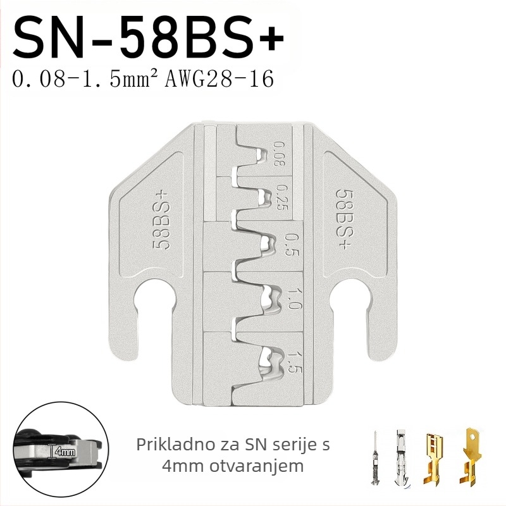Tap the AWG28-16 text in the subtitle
pyautogui.click(x=219, y=78)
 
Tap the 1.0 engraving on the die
pyautogui.click(x=293, y=299)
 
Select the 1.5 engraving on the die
pyautogui.click(x=293, y=361)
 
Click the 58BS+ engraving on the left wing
pyautogui.click(x=161, y=221)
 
